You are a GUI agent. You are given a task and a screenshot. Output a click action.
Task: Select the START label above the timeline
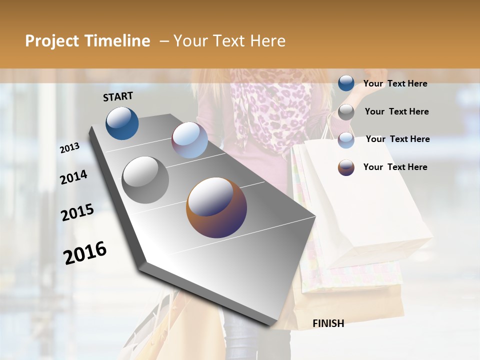tap(118, 96)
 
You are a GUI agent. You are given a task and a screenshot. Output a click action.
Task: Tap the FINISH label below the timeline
tap(328, 323)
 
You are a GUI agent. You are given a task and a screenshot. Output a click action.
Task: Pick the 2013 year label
tap(70, 147)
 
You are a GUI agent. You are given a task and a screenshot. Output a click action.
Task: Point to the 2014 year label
tap(73, 177)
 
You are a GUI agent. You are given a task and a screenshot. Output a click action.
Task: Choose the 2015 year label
tap(77, 212)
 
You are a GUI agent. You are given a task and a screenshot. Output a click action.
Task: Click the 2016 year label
tap(85, 252)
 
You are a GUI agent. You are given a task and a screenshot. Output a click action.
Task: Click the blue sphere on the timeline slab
tap(122, 123)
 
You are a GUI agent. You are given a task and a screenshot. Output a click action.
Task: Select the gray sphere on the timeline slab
tap(145, 180)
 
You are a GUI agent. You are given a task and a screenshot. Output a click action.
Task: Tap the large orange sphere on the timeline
tap(216, 207)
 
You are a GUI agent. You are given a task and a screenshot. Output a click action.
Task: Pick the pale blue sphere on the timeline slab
tap(189, 140)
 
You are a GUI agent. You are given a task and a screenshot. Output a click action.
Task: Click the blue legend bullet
tap(346, 83)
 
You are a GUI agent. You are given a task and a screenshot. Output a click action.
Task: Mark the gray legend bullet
tap(346, 111)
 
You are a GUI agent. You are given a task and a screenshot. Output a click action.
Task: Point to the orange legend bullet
tap(346, 167)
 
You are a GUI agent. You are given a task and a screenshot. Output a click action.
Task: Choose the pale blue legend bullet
tap(346, 139)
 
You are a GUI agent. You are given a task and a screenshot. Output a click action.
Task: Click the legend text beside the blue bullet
tap(395, 83)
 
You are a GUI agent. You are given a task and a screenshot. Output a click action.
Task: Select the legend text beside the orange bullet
tap(395, 167)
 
